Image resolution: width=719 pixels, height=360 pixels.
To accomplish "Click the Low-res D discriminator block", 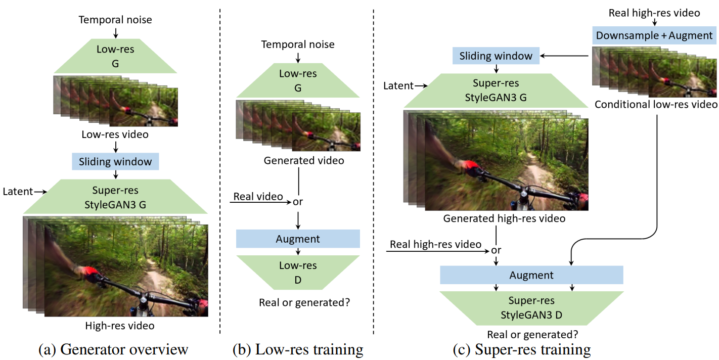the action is pos(298,273).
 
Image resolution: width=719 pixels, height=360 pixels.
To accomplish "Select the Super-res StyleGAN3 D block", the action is pos(531,308).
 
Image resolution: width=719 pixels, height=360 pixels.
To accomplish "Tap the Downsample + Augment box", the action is pos(654,35).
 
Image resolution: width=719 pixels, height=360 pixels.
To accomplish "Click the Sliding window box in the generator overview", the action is pos(115,161).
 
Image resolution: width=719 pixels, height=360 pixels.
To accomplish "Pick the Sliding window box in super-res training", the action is pos(496,56).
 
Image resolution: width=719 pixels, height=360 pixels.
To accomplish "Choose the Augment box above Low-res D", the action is pos(298,239).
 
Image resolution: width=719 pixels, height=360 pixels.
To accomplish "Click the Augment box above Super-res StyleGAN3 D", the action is pos(531,275).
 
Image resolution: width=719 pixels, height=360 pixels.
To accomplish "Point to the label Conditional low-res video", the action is pos(656,105).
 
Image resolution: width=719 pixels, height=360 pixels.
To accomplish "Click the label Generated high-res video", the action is pos(504,218).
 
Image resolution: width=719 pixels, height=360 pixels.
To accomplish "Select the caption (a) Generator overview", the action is pos(113,349).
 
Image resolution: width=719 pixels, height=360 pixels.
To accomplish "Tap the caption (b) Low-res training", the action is pos(298,349).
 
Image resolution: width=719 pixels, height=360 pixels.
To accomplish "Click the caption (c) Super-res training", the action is pos(522,349).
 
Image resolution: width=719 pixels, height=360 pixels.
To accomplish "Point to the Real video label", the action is pos(258,196).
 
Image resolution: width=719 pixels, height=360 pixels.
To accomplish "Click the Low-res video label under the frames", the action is pos(115,134).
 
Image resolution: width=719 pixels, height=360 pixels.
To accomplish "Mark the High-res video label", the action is pos(120,326).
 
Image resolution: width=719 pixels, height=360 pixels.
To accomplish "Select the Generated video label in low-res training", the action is pos(304,160).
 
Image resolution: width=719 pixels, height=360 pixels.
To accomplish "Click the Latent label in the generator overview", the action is pos(18,192).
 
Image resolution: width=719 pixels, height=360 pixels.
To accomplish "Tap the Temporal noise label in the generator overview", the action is pos(115,20).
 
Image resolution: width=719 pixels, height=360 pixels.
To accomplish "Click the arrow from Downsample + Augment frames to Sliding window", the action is pos(564,56).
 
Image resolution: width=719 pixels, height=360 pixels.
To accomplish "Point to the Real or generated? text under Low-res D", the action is pos(304,302).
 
